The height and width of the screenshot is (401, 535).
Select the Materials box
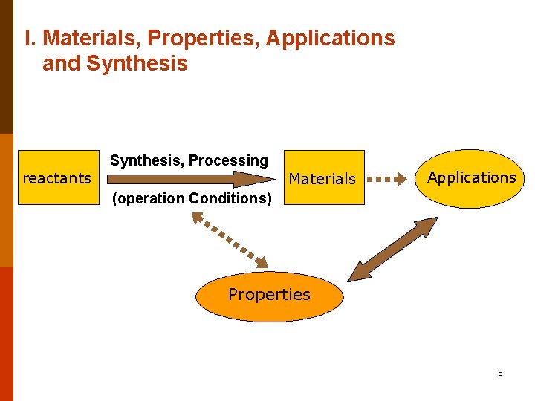322,178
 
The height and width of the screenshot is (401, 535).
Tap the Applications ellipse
471,177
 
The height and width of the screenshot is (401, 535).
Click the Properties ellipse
269,295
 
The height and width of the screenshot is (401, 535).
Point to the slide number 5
500,373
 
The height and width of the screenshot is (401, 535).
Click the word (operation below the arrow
148,198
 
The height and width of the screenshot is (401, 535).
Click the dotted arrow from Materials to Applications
391,179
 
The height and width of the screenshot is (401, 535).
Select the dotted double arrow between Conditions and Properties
229,239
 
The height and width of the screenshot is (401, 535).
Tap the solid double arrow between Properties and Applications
394,249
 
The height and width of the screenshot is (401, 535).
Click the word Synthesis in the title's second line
137,64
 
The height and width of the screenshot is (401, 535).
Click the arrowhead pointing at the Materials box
264,179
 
